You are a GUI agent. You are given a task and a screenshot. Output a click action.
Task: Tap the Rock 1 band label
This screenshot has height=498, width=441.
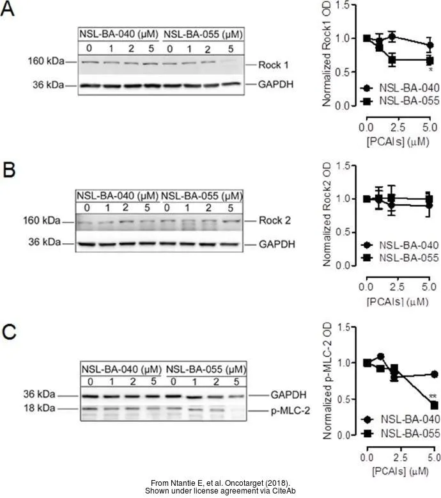275,65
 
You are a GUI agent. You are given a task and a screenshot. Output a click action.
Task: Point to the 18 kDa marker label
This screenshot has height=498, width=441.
44,408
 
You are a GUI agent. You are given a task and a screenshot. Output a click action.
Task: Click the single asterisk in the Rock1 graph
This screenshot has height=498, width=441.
431,70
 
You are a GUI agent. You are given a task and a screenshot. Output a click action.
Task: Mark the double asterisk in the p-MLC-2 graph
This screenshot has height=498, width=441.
433,397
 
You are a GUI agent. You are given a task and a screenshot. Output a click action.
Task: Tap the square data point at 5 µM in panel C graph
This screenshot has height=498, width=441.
433,405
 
